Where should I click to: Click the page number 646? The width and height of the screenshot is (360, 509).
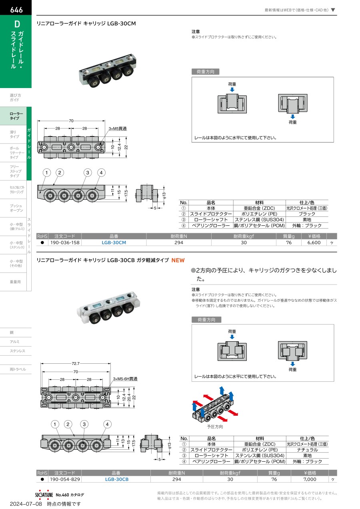(16, 10)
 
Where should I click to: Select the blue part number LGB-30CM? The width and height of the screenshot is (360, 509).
(114, 242)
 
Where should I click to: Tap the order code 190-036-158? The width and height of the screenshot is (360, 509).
(65, 242)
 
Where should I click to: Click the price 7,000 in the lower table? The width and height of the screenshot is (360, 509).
(310, 479)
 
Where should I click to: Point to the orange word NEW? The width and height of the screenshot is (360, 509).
(178, 260)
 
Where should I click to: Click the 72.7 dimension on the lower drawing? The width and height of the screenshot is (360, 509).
(76, 363)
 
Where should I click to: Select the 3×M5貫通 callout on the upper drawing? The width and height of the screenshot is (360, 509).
(118, 128)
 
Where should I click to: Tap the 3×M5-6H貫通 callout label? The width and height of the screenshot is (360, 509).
(125, 379)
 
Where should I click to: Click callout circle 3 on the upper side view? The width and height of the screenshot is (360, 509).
(88, 173)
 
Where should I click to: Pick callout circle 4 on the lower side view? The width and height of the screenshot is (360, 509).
(107, 424)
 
